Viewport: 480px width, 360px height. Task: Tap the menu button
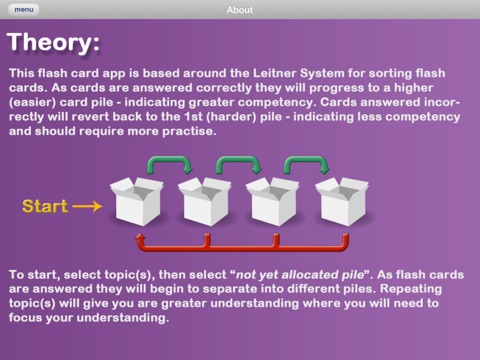point(24,10)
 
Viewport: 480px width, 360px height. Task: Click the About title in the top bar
point(240,10)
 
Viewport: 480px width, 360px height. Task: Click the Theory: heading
point(53,42)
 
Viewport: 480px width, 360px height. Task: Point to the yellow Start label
point(45,206)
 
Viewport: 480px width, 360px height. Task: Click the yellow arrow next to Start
point(87,206)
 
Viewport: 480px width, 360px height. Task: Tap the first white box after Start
point(137,201)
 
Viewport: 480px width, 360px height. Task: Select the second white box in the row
point(205,201)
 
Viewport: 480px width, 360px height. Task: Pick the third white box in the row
point(273,201)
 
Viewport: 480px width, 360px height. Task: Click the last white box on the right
point(342,201)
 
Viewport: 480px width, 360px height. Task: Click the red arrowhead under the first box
point(140,238)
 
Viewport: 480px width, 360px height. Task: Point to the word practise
point(189,131)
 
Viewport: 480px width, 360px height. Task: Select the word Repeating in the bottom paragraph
point(411,289)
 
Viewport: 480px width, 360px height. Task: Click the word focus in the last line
point(26,317)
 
